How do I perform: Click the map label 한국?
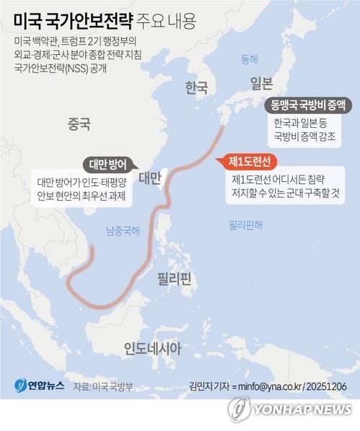[196, 88]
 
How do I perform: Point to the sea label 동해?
[249, 58]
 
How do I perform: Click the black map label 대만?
[149, 177]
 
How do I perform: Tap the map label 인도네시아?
[152, 349]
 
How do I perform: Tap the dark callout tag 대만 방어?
[109, 163]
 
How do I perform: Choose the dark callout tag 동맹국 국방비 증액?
[308, 105]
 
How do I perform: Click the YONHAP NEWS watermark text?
[302, 409]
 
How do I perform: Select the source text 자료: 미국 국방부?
[102, 387]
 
